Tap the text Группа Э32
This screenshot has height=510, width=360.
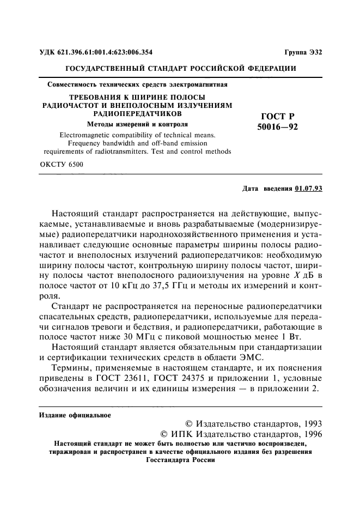click(x=303, y=53)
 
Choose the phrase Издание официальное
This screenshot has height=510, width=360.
click(x=75, y=415)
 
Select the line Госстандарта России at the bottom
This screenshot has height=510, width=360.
click(x=181, y=459)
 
